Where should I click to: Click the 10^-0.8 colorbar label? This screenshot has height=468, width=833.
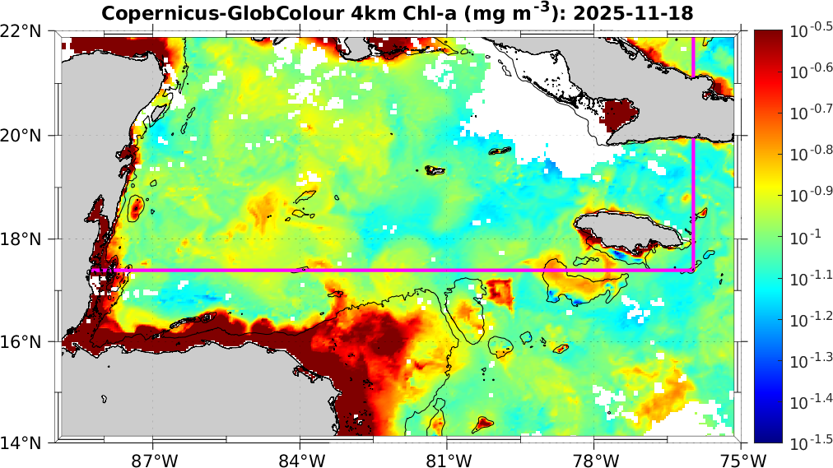pyautogui.click(x=808, y=155)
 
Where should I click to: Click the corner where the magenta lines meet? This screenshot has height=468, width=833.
pyautogui.click(x=693, y=270)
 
